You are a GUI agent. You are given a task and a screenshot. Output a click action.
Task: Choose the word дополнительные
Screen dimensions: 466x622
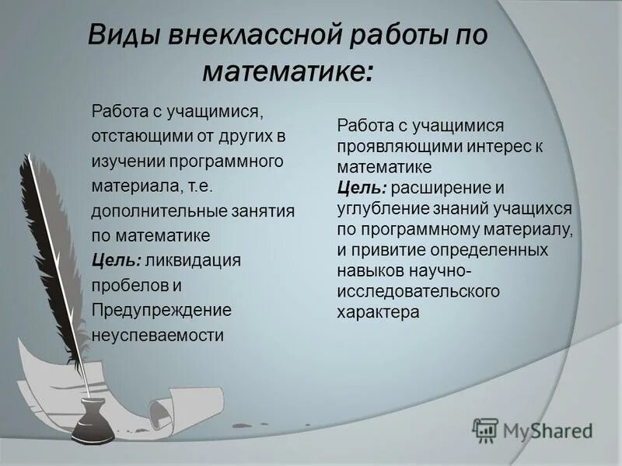coord(149,210)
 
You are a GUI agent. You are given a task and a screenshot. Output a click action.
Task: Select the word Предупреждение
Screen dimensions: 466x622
coord(161,310)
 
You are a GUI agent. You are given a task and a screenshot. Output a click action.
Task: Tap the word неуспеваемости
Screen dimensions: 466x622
coord(158,335)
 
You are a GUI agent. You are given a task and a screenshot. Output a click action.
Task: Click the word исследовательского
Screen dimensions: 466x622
coord(418,292)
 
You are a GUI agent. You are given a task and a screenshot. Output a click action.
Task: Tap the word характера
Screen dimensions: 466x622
coord(378,312)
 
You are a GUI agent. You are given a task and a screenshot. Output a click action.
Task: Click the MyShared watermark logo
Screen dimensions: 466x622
coord(533,429)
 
